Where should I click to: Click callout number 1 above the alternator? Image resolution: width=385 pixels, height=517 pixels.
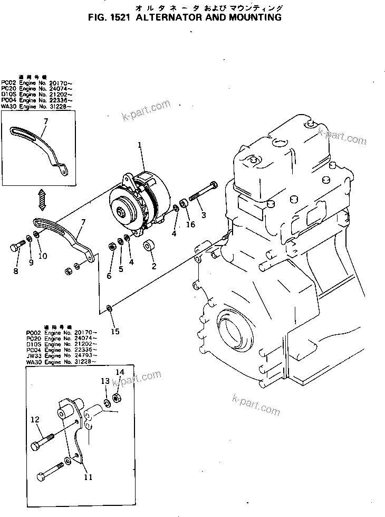(140, 145)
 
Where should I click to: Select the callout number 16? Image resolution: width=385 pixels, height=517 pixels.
(190, 224)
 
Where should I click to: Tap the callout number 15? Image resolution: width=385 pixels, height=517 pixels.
(115, 331)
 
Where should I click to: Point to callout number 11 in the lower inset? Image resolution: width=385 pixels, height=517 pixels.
(88, 477)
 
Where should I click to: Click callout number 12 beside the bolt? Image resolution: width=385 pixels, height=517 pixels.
(35, 420)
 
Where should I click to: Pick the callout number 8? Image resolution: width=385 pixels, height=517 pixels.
(15, 271)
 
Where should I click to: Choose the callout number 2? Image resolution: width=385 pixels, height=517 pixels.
(154, 266)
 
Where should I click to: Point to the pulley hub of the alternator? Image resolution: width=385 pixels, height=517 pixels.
(122, 212)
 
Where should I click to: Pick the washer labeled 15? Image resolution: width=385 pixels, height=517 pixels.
(108, 307)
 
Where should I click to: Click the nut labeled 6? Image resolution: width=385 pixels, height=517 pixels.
(111, 245)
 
